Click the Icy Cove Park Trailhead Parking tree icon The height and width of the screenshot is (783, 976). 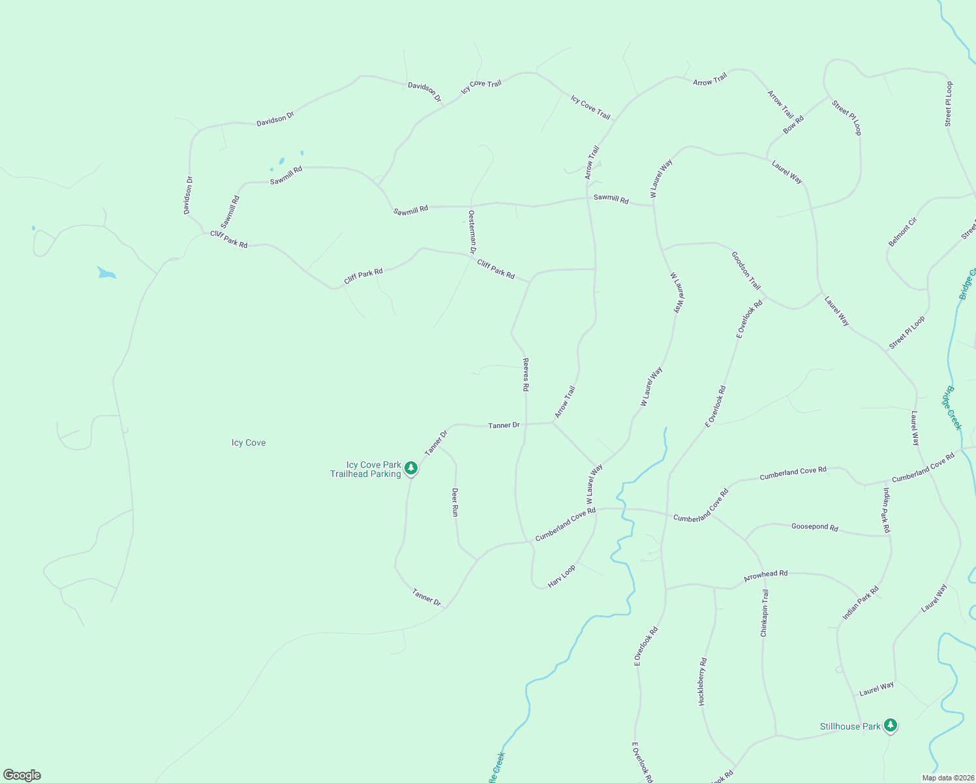click(411, 468)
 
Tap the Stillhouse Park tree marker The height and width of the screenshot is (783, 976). click(891, 726)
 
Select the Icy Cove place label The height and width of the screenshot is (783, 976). click(249, 442)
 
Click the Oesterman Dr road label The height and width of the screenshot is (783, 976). click(472, 232)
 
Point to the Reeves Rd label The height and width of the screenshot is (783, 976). click(526, 375)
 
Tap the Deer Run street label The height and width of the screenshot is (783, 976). click(455, 502)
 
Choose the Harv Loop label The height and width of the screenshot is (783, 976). click(562, 576)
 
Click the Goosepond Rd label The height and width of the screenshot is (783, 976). click(814, 527)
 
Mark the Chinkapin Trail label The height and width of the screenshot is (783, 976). click(765, 613)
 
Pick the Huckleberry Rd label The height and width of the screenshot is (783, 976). click(703, 681)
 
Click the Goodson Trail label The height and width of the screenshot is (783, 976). click(746, 271)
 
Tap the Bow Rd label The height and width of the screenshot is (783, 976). click(793, 124)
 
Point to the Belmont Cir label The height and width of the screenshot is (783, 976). click(902, 232)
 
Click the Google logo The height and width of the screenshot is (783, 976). click(22, 775)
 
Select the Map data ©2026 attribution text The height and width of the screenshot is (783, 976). click(947, 778)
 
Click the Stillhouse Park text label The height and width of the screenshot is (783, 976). click(850, 726)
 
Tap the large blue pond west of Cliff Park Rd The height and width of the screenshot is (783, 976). click(106, 273)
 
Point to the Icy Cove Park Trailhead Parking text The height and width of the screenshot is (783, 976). click(365, 470)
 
